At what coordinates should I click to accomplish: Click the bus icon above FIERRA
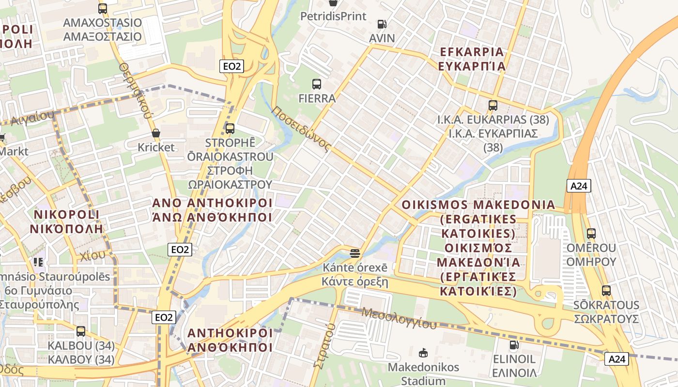click(x=317, y=84)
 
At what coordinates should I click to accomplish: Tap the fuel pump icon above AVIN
click(x=382, y=24)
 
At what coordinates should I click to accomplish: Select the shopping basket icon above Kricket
click(x=156, y=133)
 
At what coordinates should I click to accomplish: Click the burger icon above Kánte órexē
click(x=355, y=253)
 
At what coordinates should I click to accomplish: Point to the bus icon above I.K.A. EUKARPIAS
click(x=493, y=105)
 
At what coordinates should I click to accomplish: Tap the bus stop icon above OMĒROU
click(x=591, y=234)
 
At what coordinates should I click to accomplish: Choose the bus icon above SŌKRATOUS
click(x=606, y=291)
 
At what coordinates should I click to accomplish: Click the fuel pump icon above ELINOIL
click(x=514, y=345)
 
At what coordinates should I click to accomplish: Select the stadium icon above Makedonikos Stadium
click(x=423, y=353)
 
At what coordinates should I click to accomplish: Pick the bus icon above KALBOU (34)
click(x=81, y=331)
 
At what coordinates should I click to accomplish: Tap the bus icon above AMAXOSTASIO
click(x=102, y=8)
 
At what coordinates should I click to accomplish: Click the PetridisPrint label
click(x=333, y=16)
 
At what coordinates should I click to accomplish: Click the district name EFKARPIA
click(x=472, y=52)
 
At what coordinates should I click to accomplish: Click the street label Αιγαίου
click(x=31, y=117)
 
